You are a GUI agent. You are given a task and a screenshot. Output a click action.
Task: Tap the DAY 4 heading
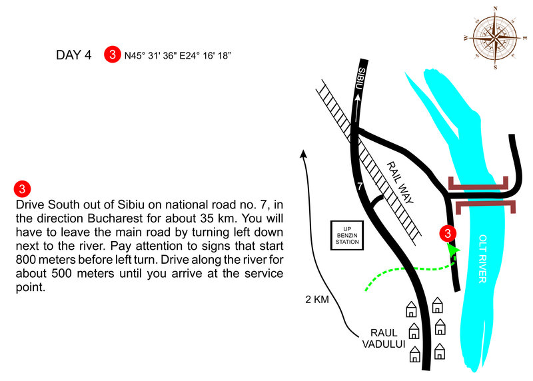[74, 55]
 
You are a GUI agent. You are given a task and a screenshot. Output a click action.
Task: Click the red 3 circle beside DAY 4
[112, 55]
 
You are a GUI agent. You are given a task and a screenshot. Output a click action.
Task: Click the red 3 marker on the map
[448, 233]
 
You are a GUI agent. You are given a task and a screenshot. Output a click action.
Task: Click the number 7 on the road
[360, 187]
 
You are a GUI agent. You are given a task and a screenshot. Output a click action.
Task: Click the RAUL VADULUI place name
[380, 338]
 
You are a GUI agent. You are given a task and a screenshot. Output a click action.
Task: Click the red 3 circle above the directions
[22, 187]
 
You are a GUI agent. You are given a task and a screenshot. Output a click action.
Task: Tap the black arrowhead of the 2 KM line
[304, 154]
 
